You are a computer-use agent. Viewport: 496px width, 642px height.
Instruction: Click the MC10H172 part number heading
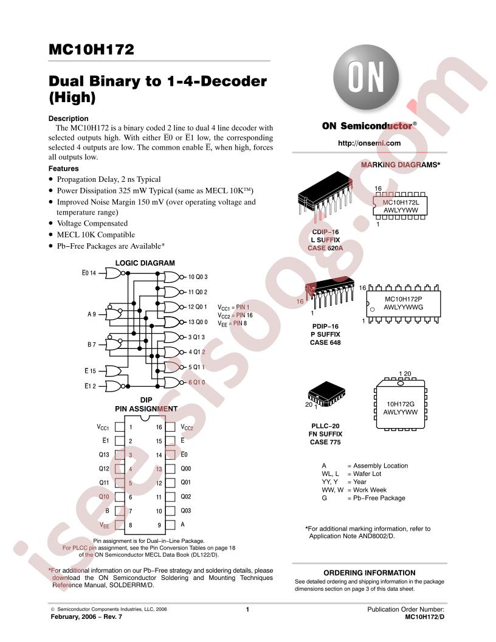click(x=91, y=49)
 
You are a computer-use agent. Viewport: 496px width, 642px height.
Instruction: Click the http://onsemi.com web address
click(x=369, y=143)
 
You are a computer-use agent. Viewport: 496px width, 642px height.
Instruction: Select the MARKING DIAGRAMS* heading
click(x=400, y=165)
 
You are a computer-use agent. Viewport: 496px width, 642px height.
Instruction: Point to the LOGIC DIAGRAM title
click(x=145, y=263)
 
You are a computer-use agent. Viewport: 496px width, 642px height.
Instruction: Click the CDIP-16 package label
click(x=325, y=232)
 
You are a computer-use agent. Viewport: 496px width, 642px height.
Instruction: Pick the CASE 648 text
click(x=325, y=342)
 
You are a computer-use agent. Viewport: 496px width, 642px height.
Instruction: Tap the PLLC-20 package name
click(x=325, y=426)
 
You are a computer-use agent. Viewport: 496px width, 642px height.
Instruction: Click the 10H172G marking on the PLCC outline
click(x=400, y=404)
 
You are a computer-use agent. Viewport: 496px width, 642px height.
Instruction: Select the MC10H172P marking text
click(x=403, y=299)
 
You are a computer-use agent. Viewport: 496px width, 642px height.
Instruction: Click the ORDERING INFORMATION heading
click(x=370, y=573)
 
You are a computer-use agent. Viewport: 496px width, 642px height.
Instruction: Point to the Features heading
click(x=63, y=168)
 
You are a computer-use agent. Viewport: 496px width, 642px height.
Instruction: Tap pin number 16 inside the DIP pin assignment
click(x=159, y=427)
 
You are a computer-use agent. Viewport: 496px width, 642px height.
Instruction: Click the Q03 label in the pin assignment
click(x=186, y=511)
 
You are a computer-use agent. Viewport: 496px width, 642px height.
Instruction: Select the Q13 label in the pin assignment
click(x=104, y=455)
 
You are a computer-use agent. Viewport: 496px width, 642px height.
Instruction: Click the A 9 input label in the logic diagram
click(x=92, y=314)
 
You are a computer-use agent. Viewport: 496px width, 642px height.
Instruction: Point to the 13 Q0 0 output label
click(x=198, y=322)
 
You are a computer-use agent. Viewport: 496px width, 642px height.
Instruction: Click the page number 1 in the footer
click(x=247, y=609)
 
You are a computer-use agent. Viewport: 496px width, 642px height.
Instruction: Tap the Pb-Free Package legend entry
click(x=379, y=498)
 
